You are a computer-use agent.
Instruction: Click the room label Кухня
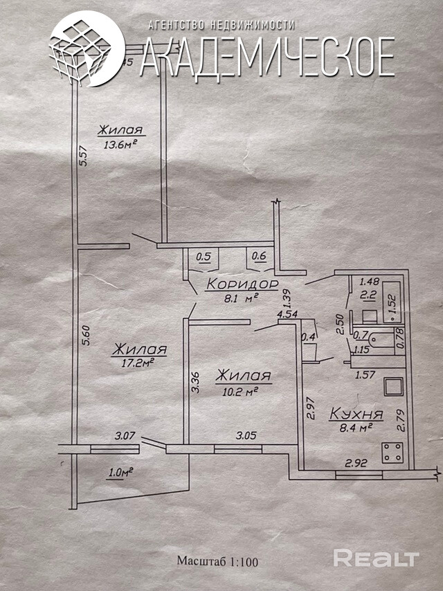click(356, 415)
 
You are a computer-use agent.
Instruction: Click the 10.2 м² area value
click(237, 390)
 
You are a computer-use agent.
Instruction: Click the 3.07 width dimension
click(125, 436)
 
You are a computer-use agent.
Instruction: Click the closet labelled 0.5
click(204, 257)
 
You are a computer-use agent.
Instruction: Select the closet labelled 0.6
click(259, 257)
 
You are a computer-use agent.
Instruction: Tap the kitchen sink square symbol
click(393, 385)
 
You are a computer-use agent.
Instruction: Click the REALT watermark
click(377, 558)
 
